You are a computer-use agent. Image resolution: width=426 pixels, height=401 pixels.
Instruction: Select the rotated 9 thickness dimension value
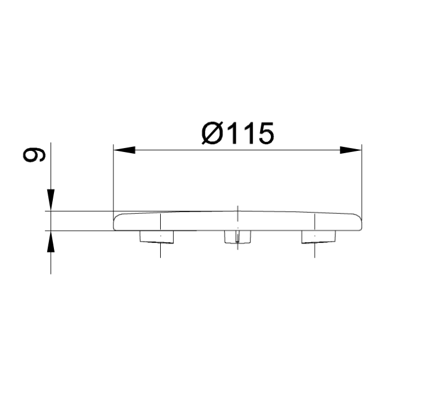pos(34,155)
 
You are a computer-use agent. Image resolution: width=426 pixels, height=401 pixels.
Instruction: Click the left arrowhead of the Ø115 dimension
pos(124,150)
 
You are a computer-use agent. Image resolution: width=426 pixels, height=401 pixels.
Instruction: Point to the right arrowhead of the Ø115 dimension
pos(351,150)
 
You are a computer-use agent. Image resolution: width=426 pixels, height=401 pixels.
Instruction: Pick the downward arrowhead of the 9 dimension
pos(51,200)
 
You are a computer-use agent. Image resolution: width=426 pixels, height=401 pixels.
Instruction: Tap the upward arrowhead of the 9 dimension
pos(51,242)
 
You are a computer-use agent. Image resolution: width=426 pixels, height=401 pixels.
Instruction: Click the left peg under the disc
pos(157,237)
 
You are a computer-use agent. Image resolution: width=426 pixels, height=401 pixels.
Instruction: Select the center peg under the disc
pos(237,237)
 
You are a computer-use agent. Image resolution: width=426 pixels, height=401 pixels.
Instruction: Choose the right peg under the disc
pos(319,237)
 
